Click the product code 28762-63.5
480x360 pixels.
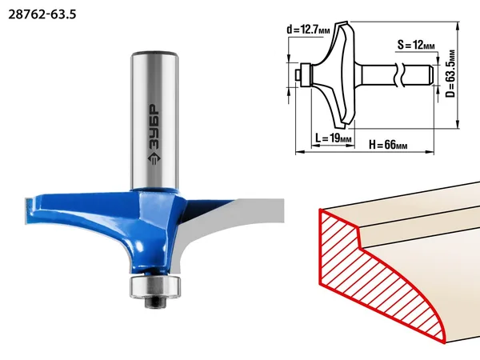coord(42,14)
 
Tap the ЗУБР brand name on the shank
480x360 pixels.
coord(154,127)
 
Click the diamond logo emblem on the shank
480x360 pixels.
coord(154,158)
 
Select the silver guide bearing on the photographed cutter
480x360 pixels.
coord(155,286)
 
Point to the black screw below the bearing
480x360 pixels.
coord(155,302)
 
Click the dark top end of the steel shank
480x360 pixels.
coord(154,54)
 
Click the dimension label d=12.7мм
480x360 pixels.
coord(308,30)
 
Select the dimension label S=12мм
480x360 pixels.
coord(416,45)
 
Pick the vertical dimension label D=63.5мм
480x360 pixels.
coord(450,74)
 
